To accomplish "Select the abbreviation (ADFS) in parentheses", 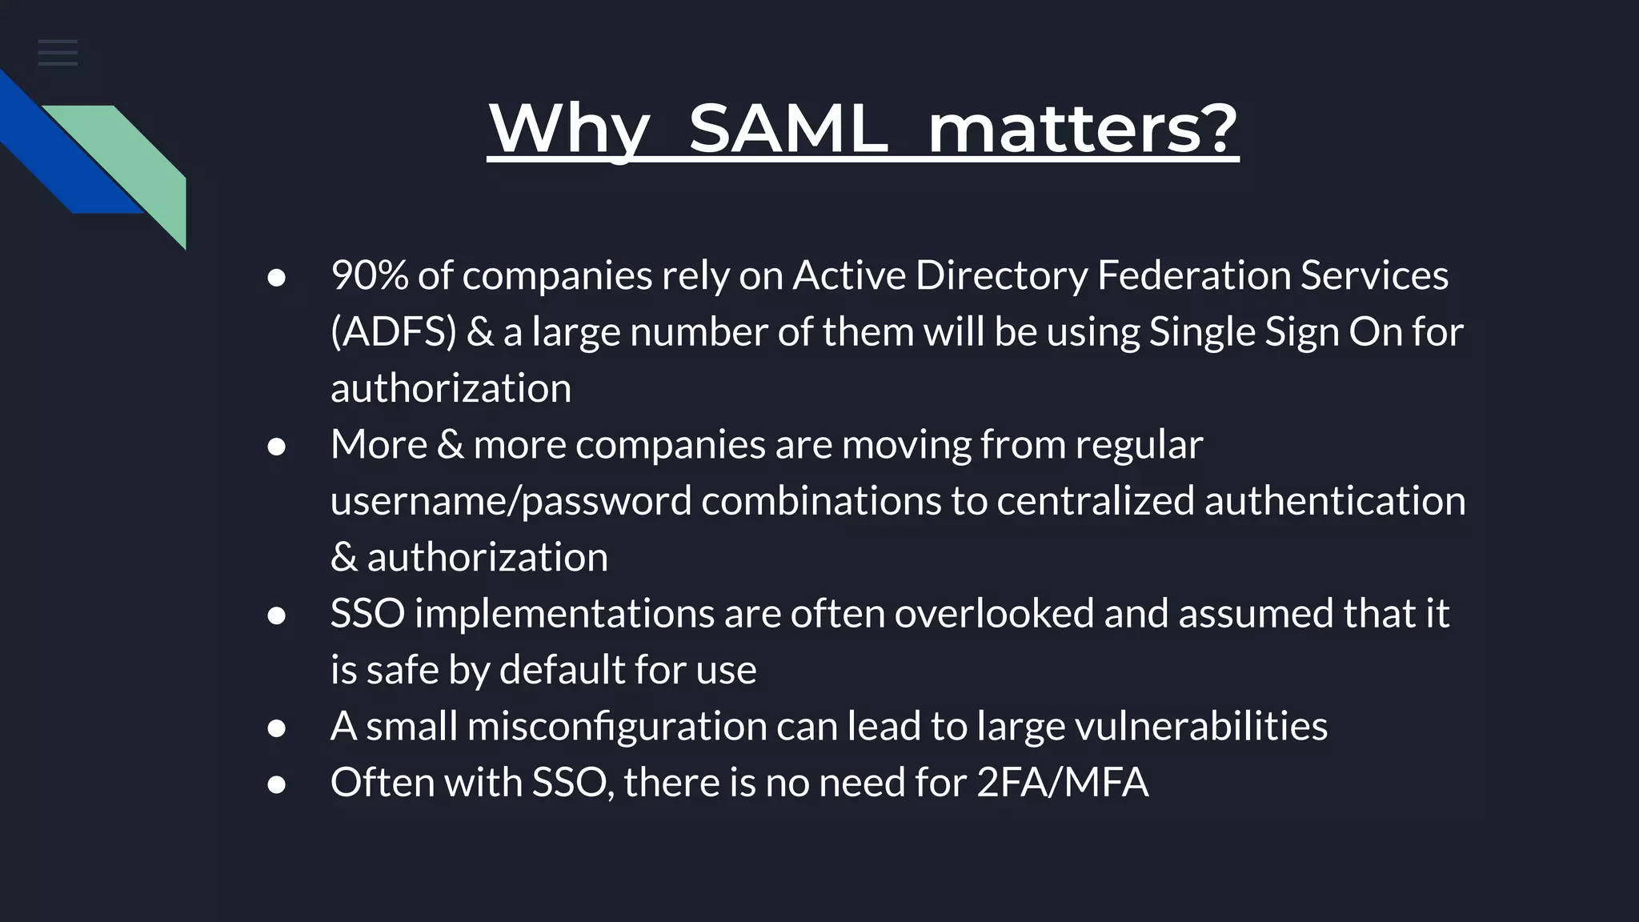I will [393, 331].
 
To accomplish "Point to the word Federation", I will [1192, 275].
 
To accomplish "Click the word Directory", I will [1001, 275].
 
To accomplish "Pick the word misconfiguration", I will [617, 727].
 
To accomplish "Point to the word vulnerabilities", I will [1200, 727].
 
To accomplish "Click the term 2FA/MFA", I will [1062, 783].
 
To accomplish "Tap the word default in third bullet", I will [561, 670].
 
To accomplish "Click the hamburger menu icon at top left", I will [58, 53].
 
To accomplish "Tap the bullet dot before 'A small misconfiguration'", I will [277, 728].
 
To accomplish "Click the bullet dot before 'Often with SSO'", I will [277, 784].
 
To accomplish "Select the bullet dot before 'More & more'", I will [277, 447].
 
